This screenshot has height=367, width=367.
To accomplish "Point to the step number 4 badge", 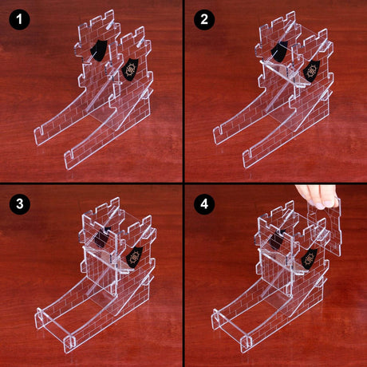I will (x=205, y=205).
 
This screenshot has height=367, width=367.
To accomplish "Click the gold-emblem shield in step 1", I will (x=129, y=69).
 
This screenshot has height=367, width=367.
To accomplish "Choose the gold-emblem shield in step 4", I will (x=310, y=258).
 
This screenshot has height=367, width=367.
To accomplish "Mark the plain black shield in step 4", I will (x=281, y=238).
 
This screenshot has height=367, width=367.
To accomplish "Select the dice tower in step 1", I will (x=96, y=96).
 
